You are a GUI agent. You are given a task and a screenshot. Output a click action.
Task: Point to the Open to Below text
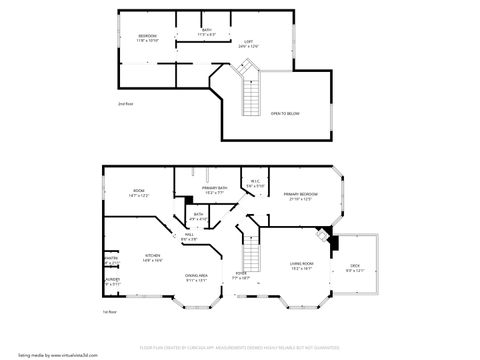click(285, 113)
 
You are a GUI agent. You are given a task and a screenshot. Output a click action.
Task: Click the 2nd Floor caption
click(125, 103)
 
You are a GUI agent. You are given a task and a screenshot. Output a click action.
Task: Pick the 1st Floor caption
click(110, 312)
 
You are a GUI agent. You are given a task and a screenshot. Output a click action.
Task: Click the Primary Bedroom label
click(300, 196)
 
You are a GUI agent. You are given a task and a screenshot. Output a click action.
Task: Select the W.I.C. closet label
click(255, 184)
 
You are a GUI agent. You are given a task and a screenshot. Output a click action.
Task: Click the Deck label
click(355, 267)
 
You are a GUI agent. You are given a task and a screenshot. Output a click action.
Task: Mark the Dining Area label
click(196, 277)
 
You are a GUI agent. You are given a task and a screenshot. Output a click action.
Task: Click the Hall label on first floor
click(189, 237)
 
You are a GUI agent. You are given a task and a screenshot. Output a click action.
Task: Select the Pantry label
click(112, 260)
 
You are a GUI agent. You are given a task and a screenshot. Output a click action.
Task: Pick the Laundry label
click(112, 282)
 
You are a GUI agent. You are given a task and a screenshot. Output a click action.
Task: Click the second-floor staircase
click(253, 96)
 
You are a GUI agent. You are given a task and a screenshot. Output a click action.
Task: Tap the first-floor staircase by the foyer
click(249, 250)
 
